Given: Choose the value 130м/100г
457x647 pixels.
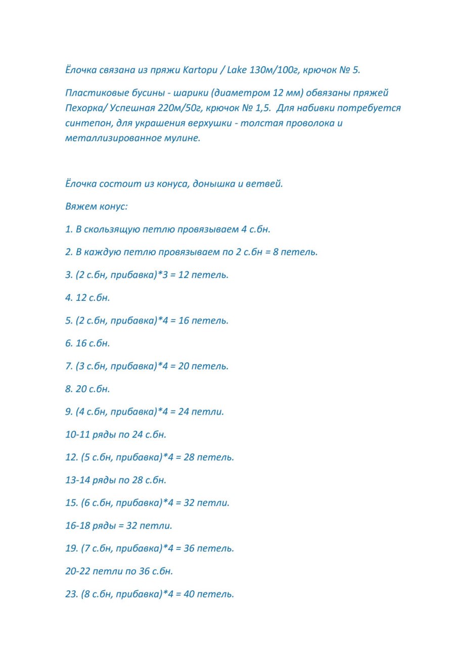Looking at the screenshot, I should (x=273, y=70).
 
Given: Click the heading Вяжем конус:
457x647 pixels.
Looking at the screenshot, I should (x=97, y=206).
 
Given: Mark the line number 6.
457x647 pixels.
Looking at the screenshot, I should (x=69, y=343).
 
